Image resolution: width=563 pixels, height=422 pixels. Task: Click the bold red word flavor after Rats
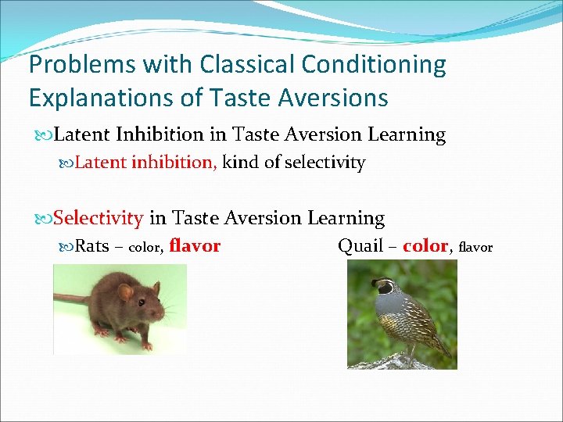(x=195, y=246)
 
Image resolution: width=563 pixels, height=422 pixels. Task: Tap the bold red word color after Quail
(x=425, y=246)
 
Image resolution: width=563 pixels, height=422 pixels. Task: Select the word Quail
(x=360, y=246)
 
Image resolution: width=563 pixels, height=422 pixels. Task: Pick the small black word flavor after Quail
(x=475, y=248)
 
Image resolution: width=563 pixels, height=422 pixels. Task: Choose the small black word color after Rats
(x=145, y=248)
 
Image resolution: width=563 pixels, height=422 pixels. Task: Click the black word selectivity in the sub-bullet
(x=325, y=163)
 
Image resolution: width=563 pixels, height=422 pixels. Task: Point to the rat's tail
(x=66, y=299)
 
